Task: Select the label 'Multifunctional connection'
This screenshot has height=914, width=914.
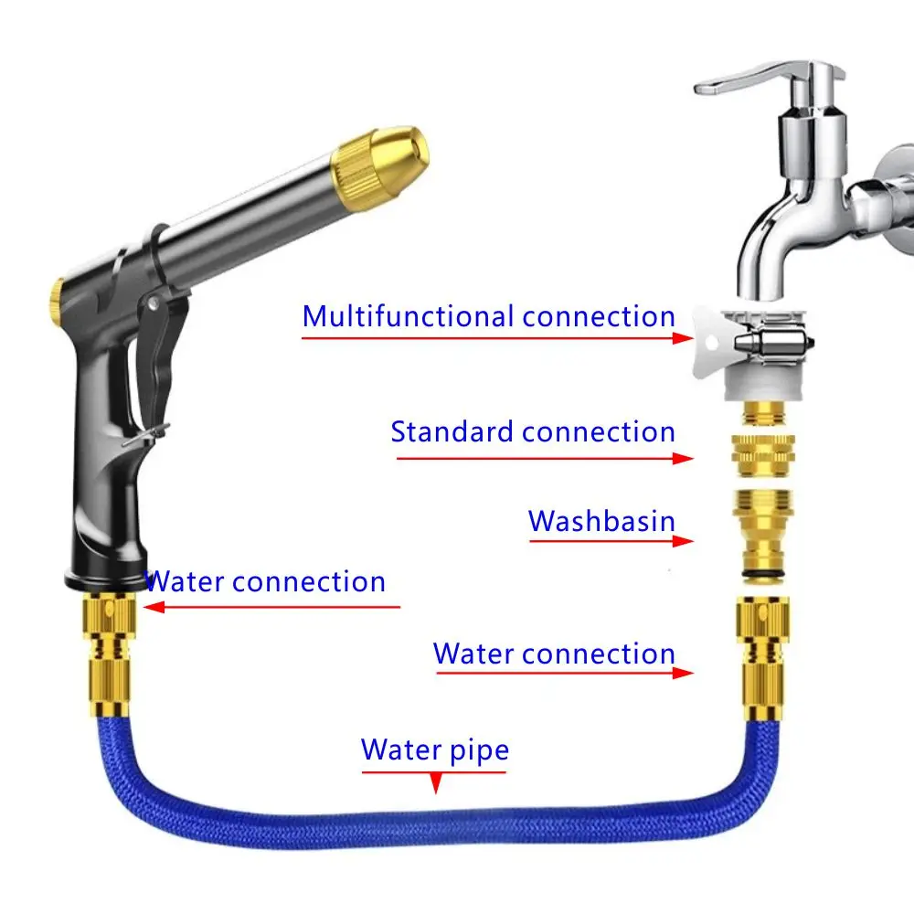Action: click(489, 316)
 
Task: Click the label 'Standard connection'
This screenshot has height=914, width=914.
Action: click(533, 431)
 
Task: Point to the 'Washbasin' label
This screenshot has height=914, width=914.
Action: click(601, 521)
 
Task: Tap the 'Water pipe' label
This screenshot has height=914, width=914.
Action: click(434, 749)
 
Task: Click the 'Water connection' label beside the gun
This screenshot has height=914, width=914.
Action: click(265, 581)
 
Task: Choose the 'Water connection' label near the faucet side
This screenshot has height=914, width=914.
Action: click(554, 654)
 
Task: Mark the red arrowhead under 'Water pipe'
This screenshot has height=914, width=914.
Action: click(436, 783)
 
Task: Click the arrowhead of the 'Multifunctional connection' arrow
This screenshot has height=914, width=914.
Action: click(681, 337)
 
